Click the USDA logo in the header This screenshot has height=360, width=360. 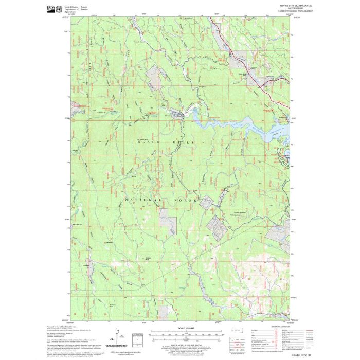(50, 8)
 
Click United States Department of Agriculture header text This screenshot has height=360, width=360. (72, 9)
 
